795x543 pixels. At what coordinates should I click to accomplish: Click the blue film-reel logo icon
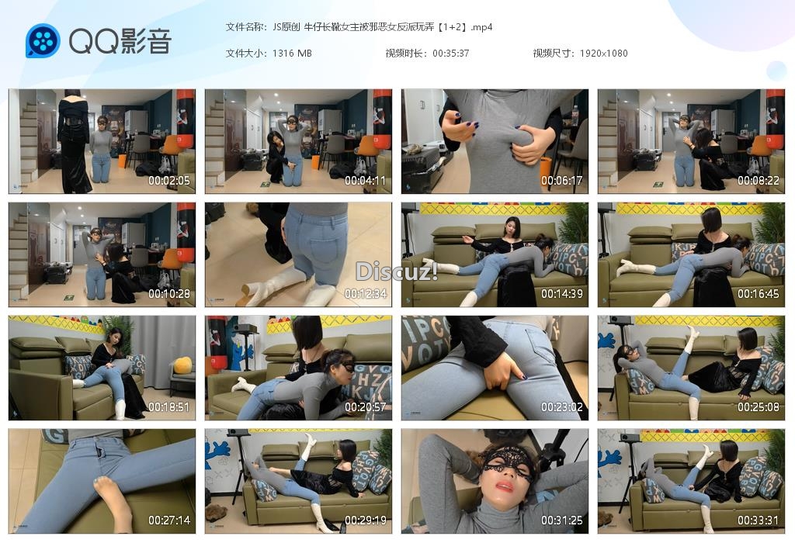pos(43,40)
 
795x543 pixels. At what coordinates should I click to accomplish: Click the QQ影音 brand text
pos(120,41)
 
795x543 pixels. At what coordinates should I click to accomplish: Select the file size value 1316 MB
pos(292,54)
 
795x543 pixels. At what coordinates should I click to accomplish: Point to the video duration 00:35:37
pos(451,54)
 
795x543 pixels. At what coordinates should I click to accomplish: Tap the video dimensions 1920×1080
pos(604,54)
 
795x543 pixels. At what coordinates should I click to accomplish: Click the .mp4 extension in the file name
pos(481,27)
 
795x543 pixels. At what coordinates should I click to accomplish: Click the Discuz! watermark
pos(397,271)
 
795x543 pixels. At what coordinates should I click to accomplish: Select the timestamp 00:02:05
pos(168,180)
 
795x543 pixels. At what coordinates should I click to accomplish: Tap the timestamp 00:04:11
pos(365,180)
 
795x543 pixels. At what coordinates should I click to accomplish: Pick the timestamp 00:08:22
pos(758,180)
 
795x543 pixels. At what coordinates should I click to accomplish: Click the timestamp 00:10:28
pos(168,294)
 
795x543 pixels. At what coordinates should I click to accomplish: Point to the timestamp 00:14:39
pos(562,294)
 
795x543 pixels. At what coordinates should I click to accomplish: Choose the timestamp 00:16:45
pos(758,294)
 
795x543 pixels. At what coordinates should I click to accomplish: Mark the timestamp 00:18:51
pos(168,407)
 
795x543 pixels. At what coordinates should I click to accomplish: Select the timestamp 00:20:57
pos(365,407)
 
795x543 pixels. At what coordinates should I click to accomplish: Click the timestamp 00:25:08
pos(758,407)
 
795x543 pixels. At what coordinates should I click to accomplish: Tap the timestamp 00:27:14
pos(168,521)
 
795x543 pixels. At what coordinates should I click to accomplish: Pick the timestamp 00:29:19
pos(365,521)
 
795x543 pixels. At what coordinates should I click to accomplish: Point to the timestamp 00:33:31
pos(758,521)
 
